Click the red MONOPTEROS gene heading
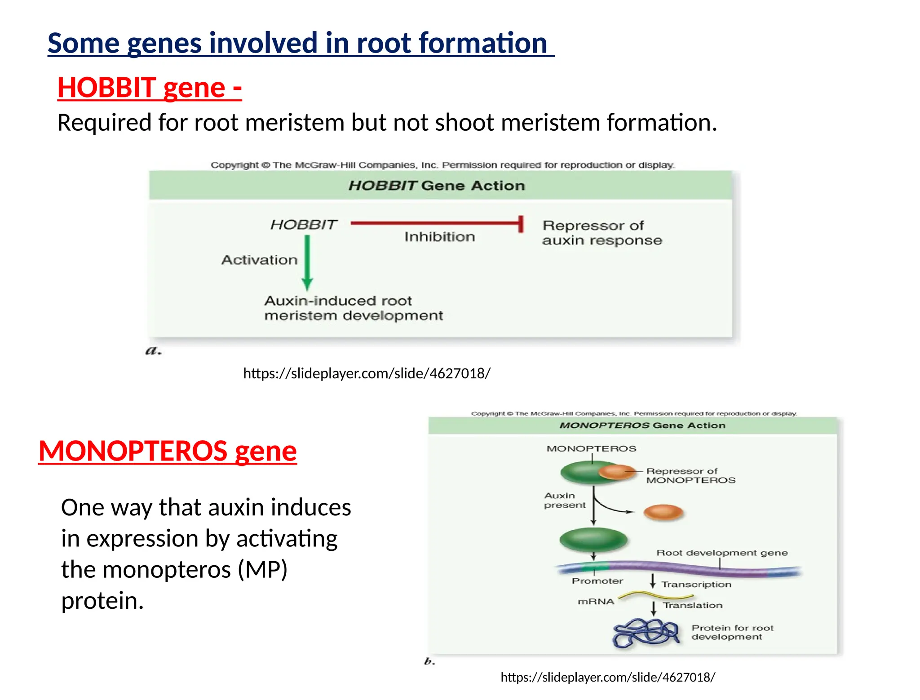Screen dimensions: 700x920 pyautogui.click(x=167, y=451)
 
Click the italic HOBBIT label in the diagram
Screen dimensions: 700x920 pyautogui.click(x=303, y=225)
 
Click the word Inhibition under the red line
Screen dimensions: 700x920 pyautogui.click(x=439, y=237)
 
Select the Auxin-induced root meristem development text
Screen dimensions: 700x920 pyautogui.click(x=353, y=308)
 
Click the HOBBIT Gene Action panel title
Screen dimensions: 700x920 pyautogui.click(x=436, y=186)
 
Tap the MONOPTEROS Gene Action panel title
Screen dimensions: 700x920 pyautogui.click(x=642, y=425)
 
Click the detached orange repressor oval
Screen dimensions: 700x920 pyautogui.click(x=663, y=512)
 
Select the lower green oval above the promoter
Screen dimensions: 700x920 pyautogui.click(x=593, y=540)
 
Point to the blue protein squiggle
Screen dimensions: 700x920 pyautogui.click(x=646, y=633)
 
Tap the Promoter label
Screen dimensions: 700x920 pyautogui.click(x=597, y=581)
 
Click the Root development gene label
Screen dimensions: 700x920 pyautogui.click(x=721, y=553)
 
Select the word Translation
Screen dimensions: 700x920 pyautogui.click(x=692, y=605)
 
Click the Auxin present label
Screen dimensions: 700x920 pyautogui.click(x=564, y=500)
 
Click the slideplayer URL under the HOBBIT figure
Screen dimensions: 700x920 pyautogui.click(x=367, y=373)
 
